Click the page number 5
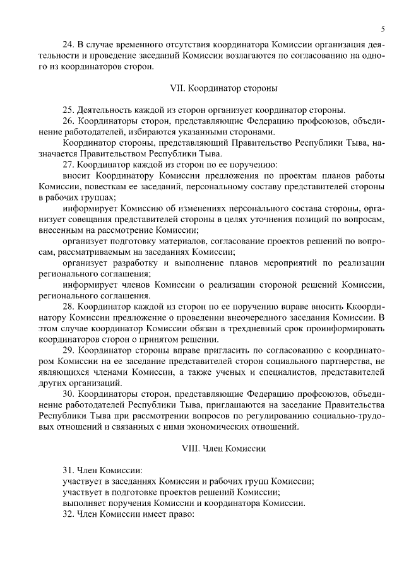coord(383,29)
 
